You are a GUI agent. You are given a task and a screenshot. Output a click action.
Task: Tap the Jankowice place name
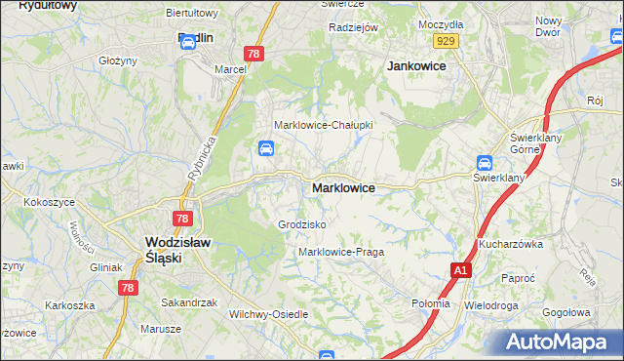tap(416, 65)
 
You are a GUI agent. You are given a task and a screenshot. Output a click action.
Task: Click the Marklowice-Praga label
tap(341, 252)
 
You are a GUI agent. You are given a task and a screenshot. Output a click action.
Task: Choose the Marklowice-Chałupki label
tap(324, 125)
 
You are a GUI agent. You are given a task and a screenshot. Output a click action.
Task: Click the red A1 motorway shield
tap(461, 269)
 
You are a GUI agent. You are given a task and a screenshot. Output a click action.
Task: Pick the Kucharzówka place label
tap(510, 244)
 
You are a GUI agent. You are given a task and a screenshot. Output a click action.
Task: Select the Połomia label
tap(431, 302)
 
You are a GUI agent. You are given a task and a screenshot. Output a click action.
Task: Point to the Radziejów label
tap(353, 27)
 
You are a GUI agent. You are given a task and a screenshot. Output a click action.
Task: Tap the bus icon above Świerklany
tap(485, 163)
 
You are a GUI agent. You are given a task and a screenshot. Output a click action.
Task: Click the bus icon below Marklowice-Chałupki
tap(265, 148)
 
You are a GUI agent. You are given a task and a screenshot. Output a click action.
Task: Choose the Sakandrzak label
tap(189, 302)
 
